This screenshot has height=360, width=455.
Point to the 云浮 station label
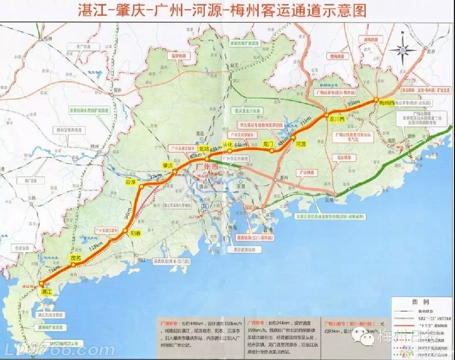tap(131, 183)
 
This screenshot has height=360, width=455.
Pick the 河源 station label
tap(301, 144)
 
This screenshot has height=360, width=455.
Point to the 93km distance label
tap(353, 103)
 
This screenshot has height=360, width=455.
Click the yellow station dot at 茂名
tap(73, 264)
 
